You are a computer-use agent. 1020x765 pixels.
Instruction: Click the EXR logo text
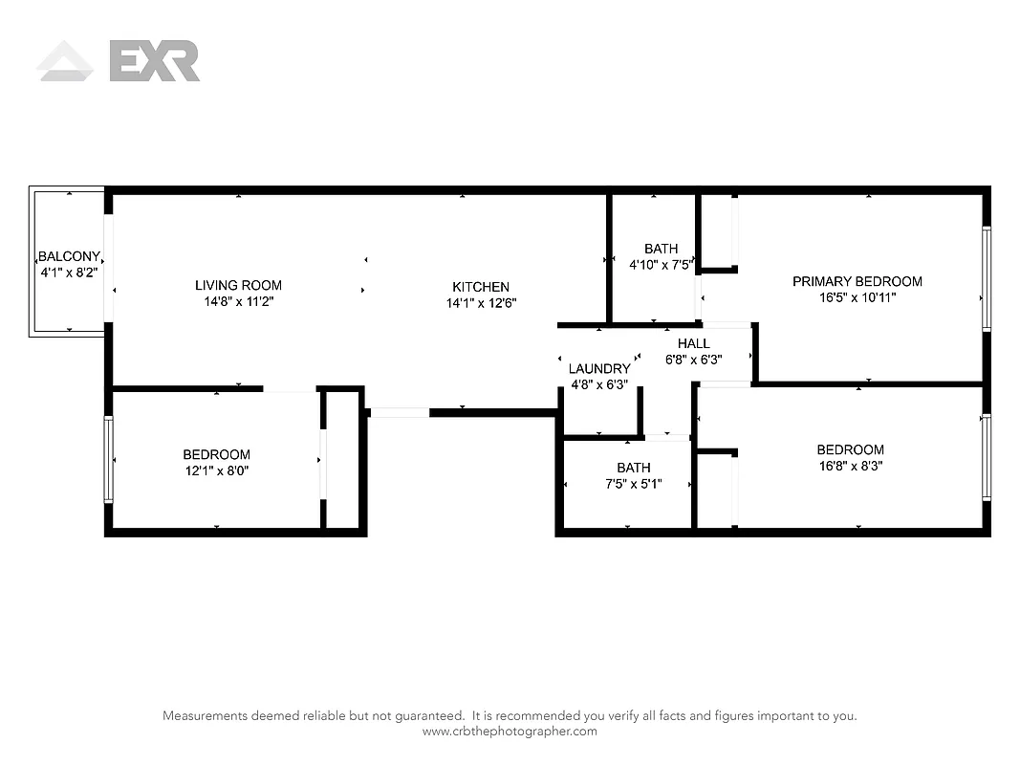(155, 60)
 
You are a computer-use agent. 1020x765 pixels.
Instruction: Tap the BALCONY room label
(68, 256)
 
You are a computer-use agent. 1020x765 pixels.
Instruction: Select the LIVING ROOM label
(238, 285)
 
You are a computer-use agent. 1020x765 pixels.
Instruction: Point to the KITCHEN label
(481, 287)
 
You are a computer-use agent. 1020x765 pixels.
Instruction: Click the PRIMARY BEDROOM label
(857, 281)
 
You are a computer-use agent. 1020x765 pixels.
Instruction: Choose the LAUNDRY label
(599, 369)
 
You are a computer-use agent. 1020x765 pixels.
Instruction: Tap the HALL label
(693, 343)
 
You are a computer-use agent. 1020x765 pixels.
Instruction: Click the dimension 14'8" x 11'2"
(238, 301)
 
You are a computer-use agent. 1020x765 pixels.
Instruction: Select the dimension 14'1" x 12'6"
(481, 303)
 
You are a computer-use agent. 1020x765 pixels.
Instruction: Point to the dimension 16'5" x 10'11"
(857, 297)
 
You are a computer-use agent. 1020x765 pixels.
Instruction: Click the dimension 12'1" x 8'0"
(217, 470)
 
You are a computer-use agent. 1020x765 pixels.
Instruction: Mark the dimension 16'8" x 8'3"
(850, 466)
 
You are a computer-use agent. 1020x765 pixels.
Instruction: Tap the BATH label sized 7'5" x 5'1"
(633, 468)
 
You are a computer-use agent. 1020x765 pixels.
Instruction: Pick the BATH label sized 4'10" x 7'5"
(661, 249)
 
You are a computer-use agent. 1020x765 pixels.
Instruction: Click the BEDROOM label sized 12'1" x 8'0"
(217, 454)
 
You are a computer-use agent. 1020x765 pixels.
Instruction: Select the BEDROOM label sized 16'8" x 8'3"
(850, 449)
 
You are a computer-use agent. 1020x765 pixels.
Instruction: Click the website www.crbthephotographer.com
(510, 732)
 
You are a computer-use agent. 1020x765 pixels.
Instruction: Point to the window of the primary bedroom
(987, 278)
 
